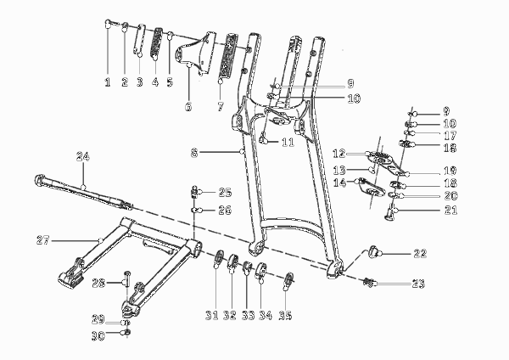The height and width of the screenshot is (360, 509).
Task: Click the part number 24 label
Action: point(83,156)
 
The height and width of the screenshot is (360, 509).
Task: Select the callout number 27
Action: point(43,241)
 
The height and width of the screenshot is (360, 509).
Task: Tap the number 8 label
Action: point(194,153)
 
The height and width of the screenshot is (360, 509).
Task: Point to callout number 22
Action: point(420,253)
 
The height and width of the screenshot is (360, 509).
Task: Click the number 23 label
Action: point(418,284)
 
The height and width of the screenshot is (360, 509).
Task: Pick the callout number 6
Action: point(188,106)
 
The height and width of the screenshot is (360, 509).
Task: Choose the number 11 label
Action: point(288,142)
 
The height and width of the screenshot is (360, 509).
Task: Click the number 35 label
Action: point(285,315)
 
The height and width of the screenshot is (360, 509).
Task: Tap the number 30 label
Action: point(98,335)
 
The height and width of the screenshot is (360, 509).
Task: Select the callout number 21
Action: point(450,211)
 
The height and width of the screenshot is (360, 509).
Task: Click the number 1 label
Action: point(108,82)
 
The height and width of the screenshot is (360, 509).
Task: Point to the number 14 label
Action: point(339,183)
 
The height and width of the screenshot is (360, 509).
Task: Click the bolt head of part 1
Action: point(108,23)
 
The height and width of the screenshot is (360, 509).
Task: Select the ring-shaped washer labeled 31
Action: point(219,256)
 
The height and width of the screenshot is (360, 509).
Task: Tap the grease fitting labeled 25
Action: point(193,191)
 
